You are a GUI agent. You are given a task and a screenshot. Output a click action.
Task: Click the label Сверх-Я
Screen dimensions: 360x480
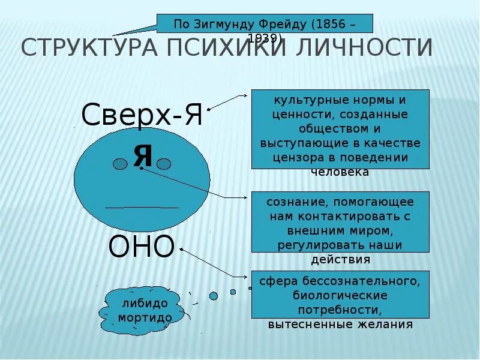142,115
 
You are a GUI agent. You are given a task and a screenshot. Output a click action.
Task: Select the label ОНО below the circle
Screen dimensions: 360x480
142,246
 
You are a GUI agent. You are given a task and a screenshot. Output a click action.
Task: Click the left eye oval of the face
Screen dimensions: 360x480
122,164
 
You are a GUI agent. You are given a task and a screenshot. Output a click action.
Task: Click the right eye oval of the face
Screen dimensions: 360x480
164,164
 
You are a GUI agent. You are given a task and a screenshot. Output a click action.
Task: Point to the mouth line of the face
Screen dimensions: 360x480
142,208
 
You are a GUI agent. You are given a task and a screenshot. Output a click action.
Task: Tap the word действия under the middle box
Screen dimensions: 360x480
340,260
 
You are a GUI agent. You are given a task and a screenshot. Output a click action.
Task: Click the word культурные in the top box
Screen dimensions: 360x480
307,100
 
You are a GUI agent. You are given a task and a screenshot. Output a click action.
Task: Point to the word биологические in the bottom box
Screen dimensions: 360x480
340,295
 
